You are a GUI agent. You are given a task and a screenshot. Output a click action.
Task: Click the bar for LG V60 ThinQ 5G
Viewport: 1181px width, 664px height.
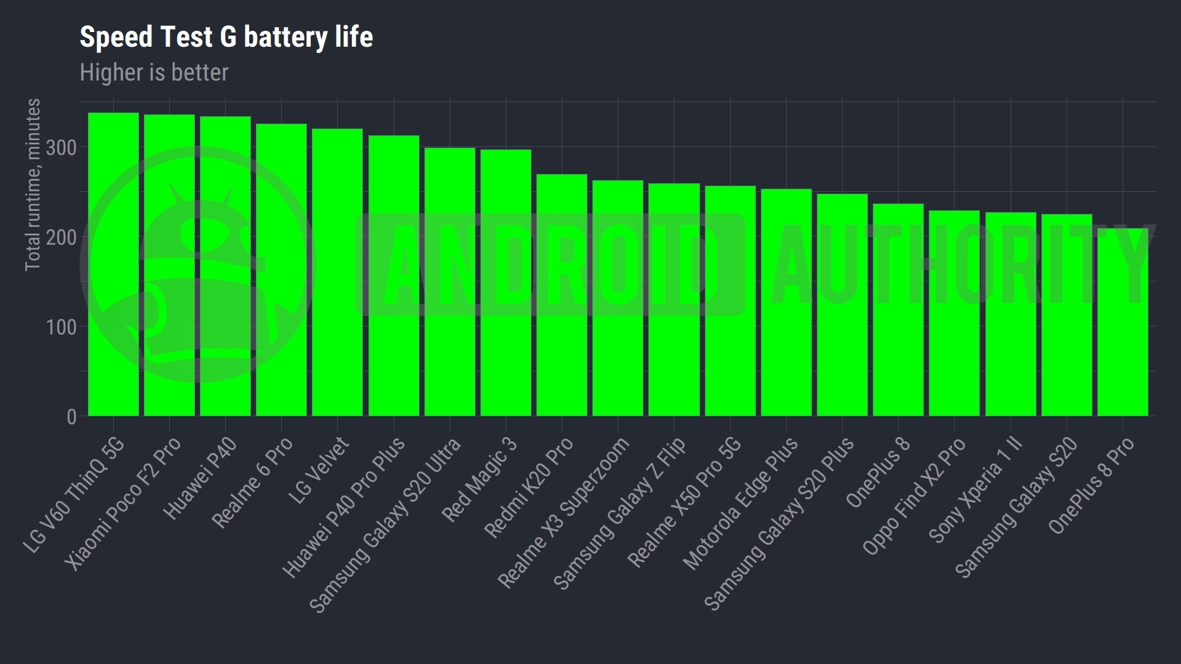click(113, 264)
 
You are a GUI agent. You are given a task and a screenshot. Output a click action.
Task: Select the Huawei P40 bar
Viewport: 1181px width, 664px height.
click(225, 266)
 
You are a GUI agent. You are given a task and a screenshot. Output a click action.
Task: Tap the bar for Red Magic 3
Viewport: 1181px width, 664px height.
click(506, 283)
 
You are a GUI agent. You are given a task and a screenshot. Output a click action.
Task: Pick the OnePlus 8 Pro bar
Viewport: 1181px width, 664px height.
click(1123, 322)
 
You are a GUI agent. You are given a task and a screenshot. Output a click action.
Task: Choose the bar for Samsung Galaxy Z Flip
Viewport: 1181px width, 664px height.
click(674, 299)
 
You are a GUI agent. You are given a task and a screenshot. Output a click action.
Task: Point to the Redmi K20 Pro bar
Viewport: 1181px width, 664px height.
click(562, 295)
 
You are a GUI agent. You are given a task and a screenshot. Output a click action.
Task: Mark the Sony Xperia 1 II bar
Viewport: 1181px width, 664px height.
click(1011, 314)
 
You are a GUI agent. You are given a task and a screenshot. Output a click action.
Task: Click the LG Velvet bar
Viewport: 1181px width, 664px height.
click(337, 272)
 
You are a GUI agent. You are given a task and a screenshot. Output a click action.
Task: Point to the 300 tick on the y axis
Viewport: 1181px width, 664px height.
click(62, 148)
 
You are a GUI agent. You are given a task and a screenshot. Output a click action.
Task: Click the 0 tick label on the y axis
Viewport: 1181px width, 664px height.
click(71, 417)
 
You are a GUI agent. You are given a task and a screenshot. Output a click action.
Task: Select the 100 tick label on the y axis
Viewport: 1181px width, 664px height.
click(62, 327)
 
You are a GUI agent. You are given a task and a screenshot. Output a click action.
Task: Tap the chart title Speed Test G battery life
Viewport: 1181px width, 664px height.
click(226, 37)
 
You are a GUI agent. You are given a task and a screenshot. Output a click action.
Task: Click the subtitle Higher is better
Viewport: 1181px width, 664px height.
click(154, 73)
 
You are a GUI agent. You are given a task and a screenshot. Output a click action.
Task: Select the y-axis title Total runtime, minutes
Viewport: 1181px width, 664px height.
click(33, 184)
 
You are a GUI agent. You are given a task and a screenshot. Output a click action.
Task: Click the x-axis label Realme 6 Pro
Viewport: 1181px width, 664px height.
click(252, 482)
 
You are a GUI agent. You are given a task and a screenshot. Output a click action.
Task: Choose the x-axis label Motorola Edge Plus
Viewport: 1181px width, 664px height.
click(741, 502)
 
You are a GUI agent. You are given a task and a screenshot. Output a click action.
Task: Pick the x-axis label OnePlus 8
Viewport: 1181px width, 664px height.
click(878, 472)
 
